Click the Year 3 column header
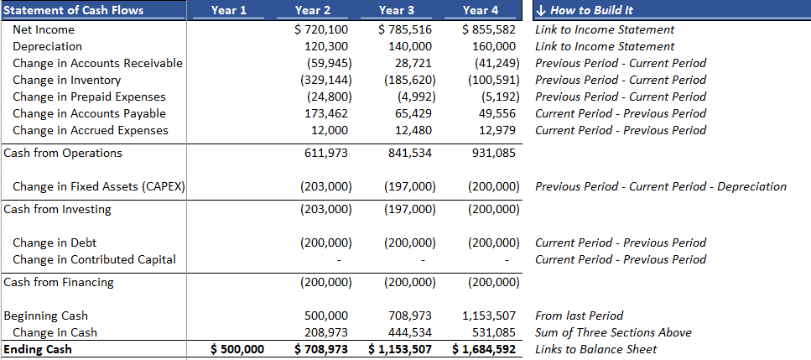pyautogui.click(x=396, y=10)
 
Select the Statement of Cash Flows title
pyautogui.click(x=74, y=10)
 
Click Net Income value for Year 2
pyautogui.click(x=321, y=30)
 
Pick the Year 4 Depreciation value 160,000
pyautogui.click(x=494, y=46)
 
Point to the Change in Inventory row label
pyautogui.click(x=67, y=81)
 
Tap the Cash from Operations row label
pyautogui.click(x=63, y=153)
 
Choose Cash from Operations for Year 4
pyautogui.click(x=494, y=153)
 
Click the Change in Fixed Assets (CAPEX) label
pyautogui.click(x=98, y=187)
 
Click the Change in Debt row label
pyautogui.click(x=55, y=243)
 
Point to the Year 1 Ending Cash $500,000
pyautogui.click(x=238, y=350)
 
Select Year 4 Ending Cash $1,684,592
pyautogui.click(x=484, y=350)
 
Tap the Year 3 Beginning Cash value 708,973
pyautogui.click(x=410, y=316)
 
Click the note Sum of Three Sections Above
pyautogui.click(x=613, y=332)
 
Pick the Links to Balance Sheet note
pyautogui.click(x=595, y=350)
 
